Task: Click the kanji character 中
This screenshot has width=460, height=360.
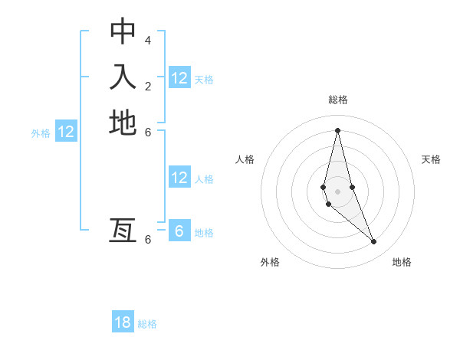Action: click(x=123, y=31)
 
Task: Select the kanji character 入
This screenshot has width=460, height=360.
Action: click(x=123, y=77)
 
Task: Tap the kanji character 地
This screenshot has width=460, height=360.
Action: click(x=123, y=123)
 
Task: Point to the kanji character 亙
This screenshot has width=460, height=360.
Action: click(x=123, y=231)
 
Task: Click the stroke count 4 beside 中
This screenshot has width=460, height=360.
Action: click(x=148, y=40)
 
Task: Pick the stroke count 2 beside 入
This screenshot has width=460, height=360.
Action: click(x=148, y=85)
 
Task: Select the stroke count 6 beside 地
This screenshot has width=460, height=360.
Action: click(x=148, y=131)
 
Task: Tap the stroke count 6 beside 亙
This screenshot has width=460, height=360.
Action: click(x=148, y=239)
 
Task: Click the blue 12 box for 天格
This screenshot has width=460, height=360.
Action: click(x=179, y=78)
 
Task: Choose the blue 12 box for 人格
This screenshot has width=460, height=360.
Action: click(x=179, y=178)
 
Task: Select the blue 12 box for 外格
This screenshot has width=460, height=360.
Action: click(x=66, y=132)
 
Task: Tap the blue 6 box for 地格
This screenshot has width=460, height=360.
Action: click(x=179, y=231)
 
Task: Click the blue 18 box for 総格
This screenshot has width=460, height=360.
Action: click(x=123, y=322)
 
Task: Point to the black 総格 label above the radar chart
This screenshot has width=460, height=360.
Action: click(x=338, y=100)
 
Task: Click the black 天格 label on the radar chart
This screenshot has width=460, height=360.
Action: click(x=432, y=159)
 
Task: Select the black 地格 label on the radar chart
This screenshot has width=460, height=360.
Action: click(x=402, y=262)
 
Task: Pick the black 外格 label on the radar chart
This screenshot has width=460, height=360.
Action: click(x=270, y=262)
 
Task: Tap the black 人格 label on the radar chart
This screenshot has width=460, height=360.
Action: click(x=245, y=159)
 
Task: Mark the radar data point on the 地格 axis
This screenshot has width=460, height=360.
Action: click(x=374, y=241)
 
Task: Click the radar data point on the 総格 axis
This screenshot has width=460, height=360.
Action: click(x=337, y=130)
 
